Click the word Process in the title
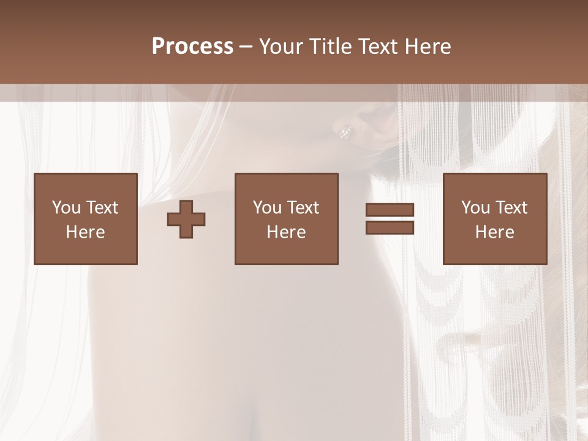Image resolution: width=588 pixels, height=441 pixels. click(192, 47)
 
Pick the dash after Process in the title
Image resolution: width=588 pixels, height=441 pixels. click(246, 47)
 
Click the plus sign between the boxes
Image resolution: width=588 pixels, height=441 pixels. click(186, 219)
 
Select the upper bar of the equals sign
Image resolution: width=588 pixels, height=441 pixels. click(390, 210)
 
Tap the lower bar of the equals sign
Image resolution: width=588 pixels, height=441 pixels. click(390, 228)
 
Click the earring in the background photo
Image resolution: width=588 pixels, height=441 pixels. click(345, 131)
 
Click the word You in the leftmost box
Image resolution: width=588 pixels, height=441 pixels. click(66, 208)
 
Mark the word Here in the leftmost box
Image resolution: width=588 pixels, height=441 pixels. click(85, 232)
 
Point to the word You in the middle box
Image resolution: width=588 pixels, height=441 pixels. click(267, 208)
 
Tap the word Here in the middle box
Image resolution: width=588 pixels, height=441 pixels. click(286, 232)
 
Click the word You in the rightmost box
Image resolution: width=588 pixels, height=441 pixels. click(475, 208)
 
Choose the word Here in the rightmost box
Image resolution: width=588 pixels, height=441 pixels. click(494, 232)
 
